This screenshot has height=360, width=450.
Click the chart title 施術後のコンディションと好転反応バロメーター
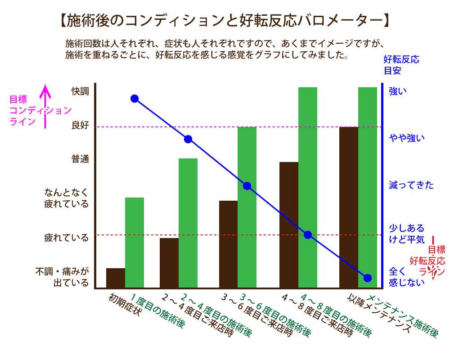tap(223, 20)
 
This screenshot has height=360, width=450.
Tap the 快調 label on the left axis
tap(81, 91)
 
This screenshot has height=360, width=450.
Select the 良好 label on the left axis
tap(81, 126)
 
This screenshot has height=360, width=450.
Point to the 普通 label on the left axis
tap(81, 159)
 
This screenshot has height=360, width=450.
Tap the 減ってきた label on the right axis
tap(411, 185)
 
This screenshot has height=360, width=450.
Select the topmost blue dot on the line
tap(134, 99)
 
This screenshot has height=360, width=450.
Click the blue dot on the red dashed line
tap(308, 235)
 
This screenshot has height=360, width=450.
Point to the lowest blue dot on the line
tap(367, 278)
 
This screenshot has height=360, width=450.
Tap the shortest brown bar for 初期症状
tap(116, 278)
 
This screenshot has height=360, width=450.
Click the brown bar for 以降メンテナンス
tap(349, 207)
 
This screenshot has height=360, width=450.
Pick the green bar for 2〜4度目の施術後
tap(188, 223)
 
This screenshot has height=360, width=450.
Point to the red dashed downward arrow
tap(433, 259)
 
